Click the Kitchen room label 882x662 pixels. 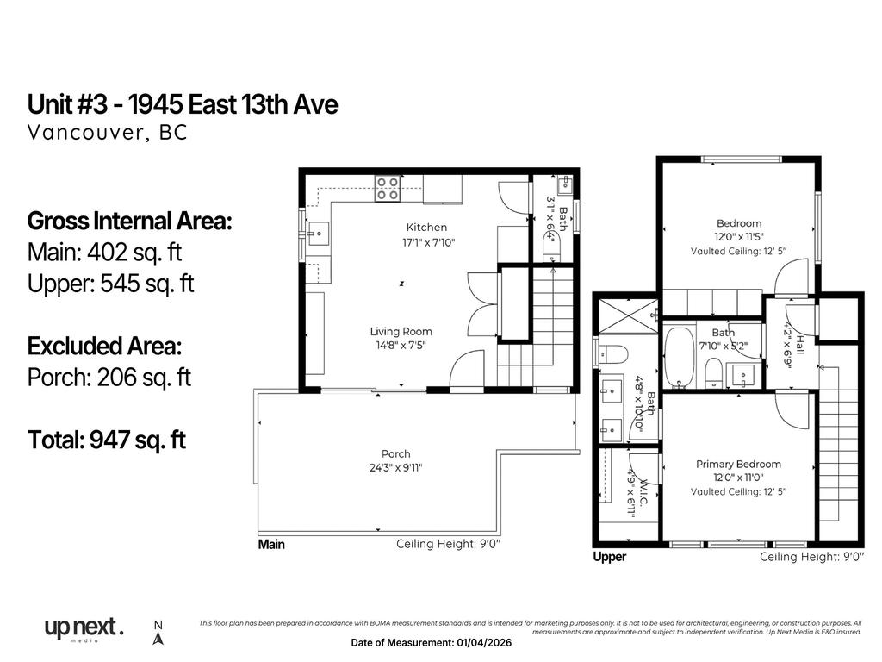(427, 228)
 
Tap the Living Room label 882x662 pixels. (401, 331)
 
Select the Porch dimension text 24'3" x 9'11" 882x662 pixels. (396, 468)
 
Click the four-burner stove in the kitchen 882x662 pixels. (387, 188)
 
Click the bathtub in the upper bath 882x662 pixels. (680, 358)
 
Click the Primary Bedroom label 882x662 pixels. (738, 465)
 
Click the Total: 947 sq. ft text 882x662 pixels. (107, 440)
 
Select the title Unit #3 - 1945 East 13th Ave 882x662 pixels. (183, 105)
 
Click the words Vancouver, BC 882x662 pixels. (107, 133)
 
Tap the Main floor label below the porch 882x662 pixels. (271, 545)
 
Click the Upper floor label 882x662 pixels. (610, 558)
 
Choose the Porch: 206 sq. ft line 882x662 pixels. (109, 378)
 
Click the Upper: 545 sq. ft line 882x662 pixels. (111, 284)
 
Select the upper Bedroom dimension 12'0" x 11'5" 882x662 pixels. (738, 236)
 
